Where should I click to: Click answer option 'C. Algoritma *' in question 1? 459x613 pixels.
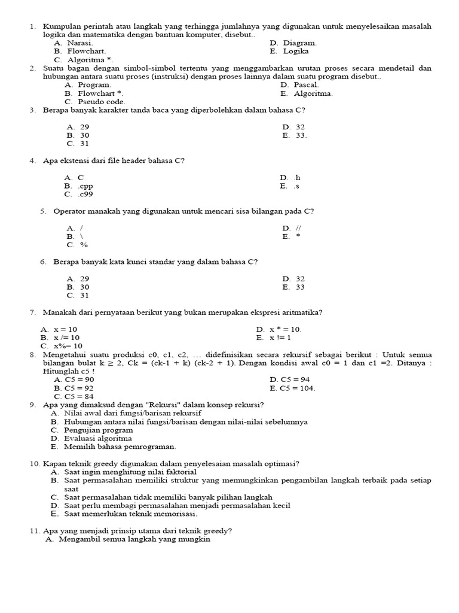click(83, 60)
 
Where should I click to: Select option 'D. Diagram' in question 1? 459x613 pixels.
click(293, 43)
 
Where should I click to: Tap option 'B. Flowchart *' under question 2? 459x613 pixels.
click(94, 93)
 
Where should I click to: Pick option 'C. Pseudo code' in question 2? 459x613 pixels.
click(95, 102)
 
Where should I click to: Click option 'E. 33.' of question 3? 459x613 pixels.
click(295, 135)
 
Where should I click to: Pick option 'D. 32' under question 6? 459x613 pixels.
click(293, 279)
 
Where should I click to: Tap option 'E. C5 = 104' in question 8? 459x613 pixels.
click(292, 388)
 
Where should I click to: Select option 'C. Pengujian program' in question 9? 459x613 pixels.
click(89, 430)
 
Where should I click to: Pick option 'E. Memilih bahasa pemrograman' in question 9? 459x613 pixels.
click(113, 447)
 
